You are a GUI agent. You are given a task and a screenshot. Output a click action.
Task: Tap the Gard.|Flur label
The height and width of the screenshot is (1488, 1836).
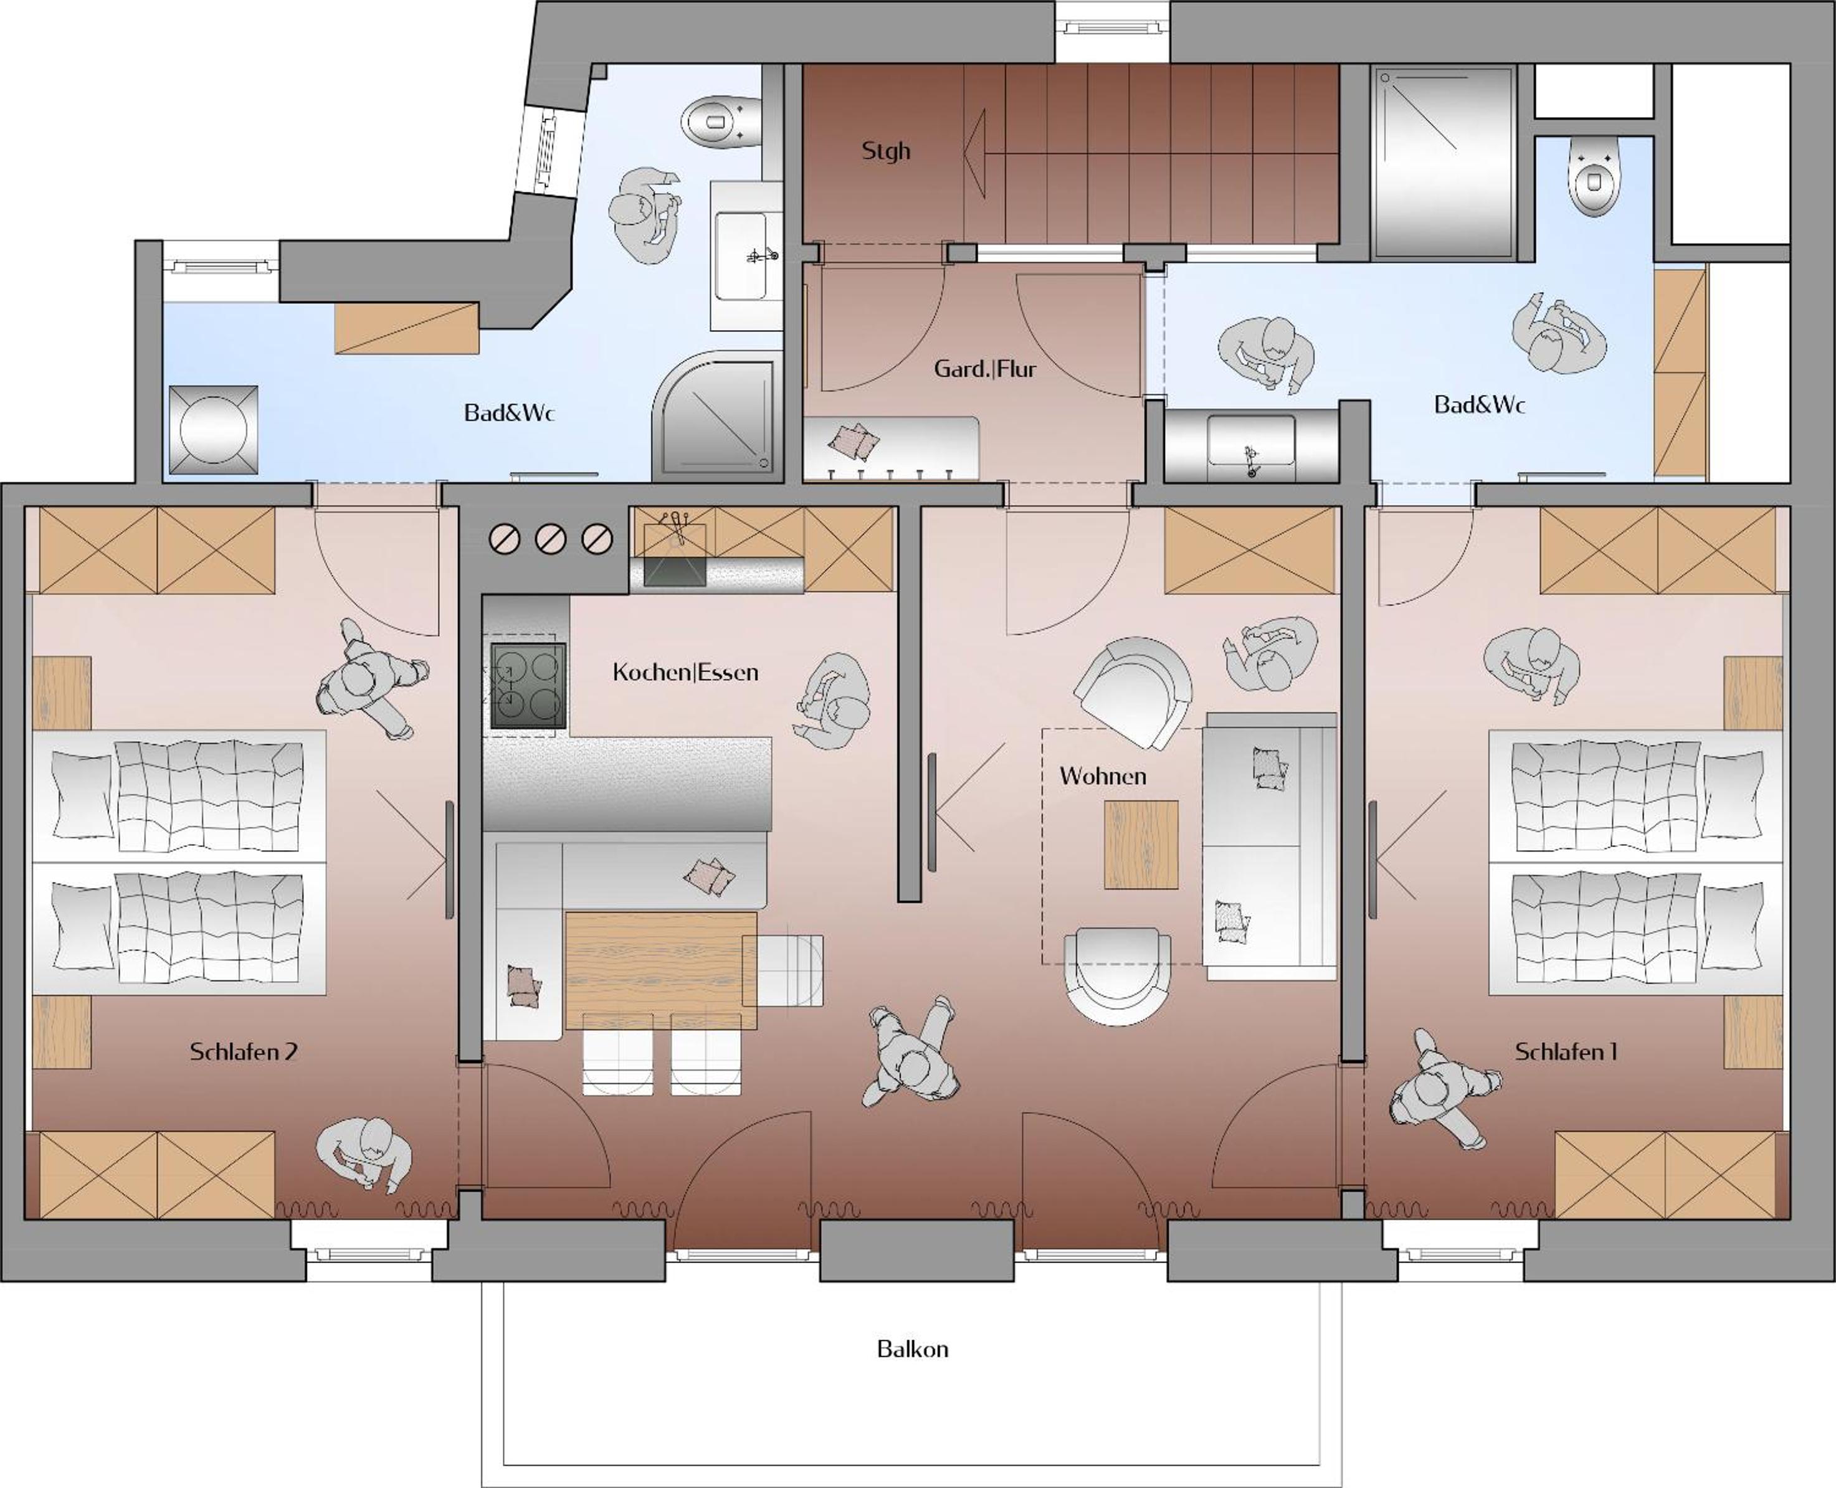tap(985, 369)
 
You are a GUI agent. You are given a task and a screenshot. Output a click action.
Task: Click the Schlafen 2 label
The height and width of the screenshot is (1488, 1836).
tap(244, 1052)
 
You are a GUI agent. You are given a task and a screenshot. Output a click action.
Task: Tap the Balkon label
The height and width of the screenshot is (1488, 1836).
tap(913, 1349)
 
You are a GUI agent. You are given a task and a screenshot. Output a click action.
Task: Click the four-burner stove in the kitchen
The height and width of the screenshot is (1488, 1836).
tap(528, 686)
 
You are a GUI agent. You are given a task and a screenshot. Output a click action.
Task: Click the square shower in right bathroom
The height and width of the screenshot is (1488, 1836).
tap(1444, 163)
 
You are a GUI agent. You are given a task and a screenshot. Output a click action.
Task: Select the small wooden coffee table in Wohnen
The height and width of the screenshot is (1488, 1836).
tap(1141, 845)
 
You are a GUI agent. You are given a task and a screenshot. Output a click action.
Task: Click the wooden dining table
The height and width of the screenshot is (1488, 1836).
tap(661, 969)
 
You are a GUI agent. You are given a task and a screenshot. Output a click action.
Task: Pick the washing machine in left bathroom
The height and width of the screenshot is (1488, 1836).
tap(214, 429)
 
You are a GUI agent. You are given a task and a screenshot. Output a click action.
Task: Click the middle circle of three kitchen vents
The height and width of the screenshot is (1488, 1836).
tap(550, 539)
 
